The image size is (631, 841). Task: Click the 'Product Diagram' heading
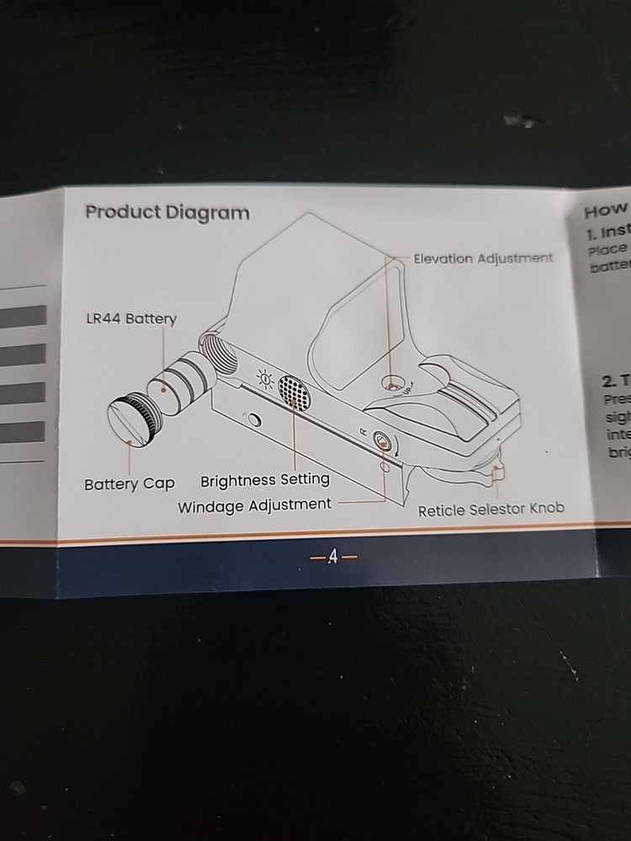tap(167, 212)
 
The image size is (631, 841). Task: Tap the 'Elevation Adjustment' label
tap(483, 258)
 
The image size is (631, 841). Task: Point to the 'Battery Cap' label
tap(130, 484)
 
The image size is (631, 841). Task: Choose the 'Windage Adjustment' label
tap(255, 505)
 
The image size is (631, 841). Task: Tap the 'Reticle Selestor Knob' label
tap(491, 509)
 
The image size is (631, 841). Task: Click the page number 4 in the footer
tap(332, 557)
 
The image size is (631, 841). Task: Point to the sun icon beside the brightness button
tap(264, 381)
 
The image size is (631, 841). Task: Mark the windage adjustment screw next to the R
tap(381, 440)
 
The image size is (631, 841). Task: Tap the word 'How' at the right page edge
tap(606, 210)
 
